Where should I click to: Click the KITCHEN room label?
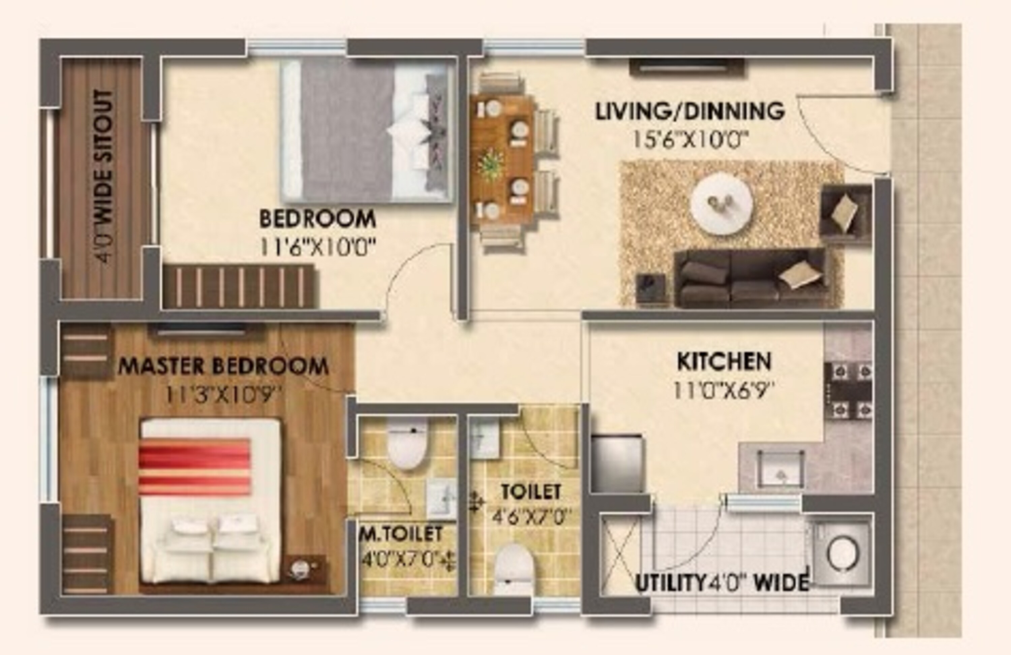724,362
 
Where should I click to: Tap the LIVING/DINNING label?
690,111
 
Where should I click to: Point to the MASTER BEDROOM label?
223,366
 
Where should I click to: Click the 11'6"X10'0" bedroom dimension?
318,247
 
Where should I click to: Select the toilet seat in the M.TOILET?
406,444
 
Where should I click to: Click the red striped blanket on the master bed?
194,466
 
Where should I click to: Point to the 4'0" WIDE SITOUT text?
104,177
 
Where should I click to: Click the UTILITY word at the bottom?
670,584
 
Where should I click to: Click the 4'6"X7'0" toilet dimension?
529,518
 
